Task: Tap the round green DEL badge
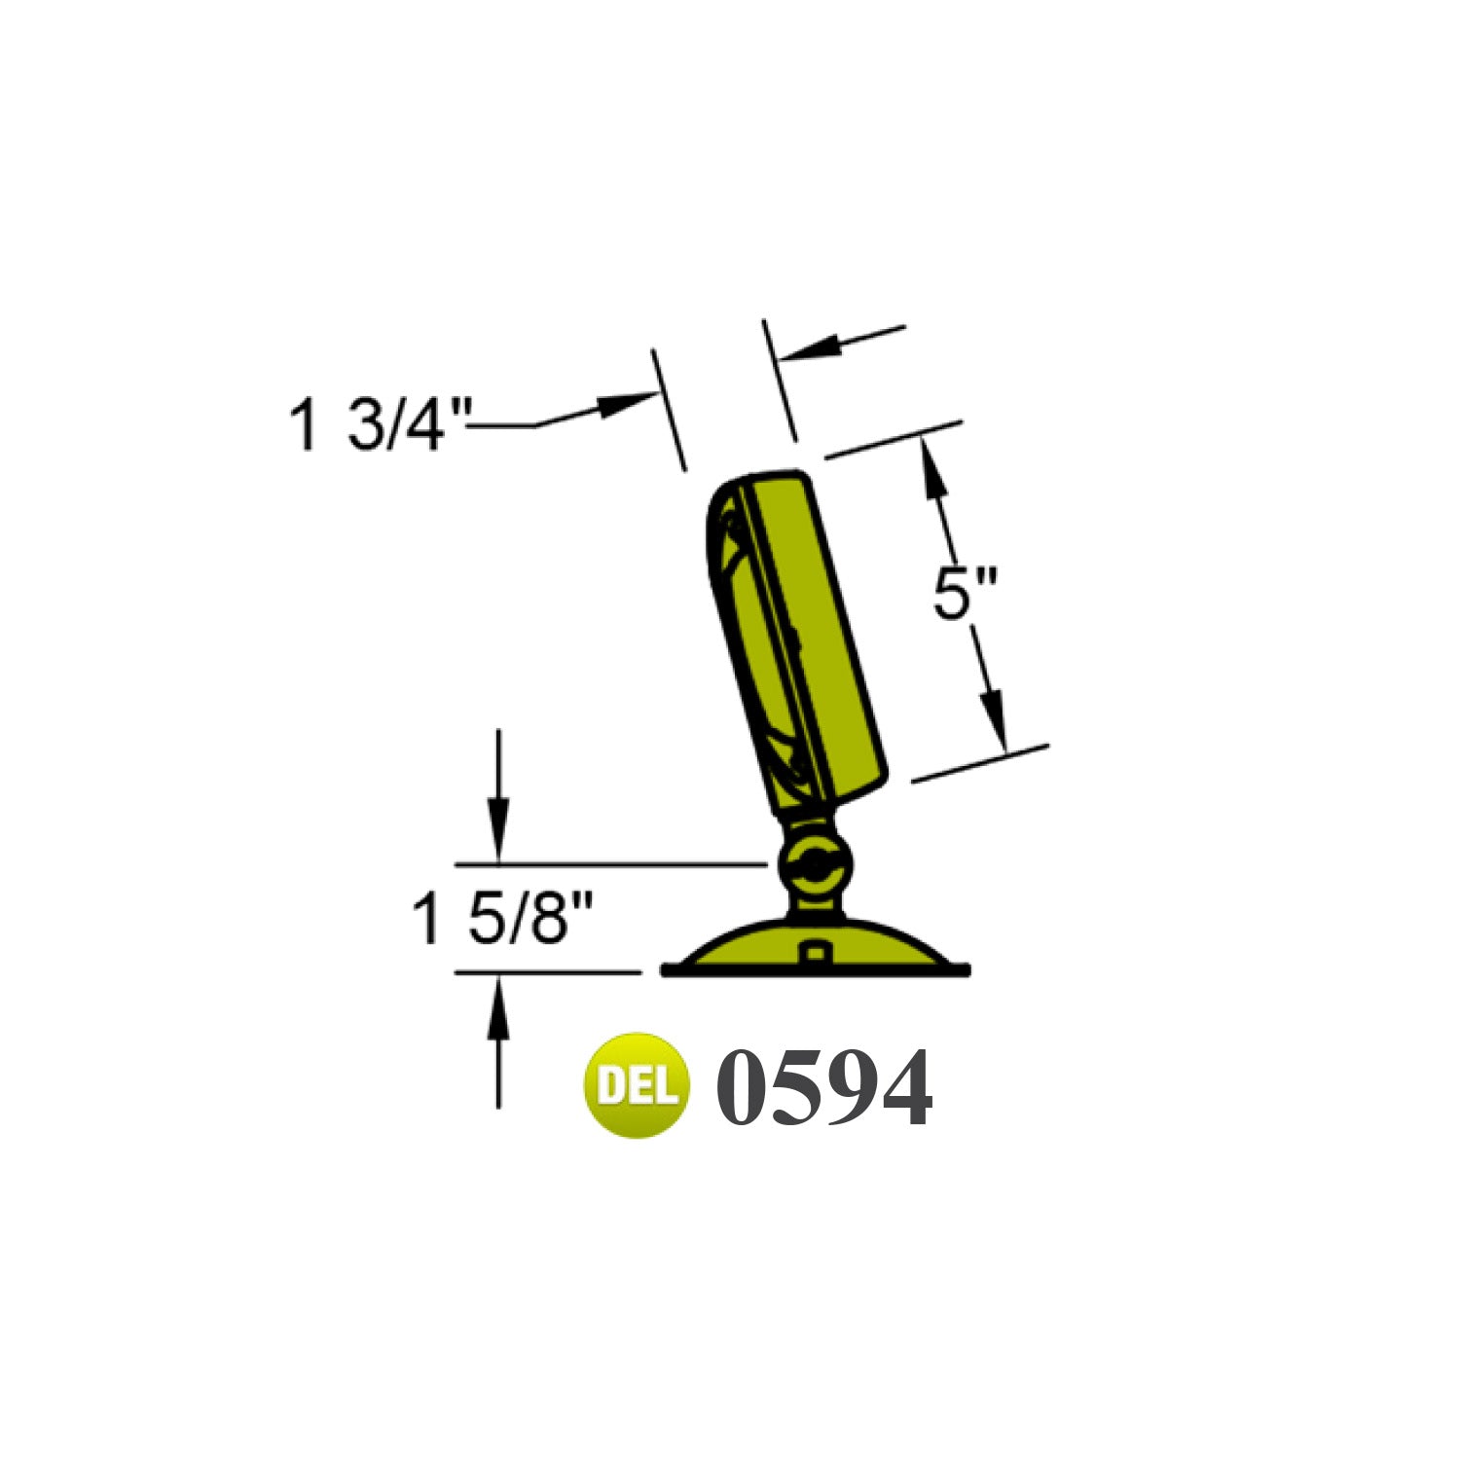[x=636, y=1085]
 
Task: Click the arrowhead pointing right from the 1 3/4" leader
[x=623, y=403]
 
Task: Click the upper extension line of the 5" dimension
[x=894, y=440]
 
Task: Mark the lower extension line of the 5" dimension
[x=981, y=763]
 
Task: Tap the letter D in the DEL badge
[x=610, y=1085]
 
